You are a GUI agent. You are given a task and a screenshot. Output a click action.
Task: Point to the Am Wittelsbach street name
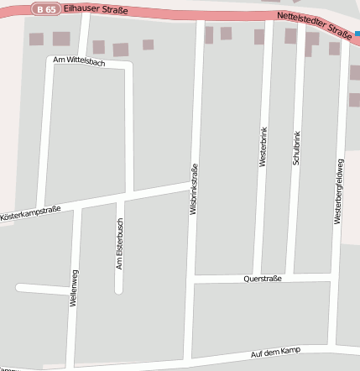(79, 63)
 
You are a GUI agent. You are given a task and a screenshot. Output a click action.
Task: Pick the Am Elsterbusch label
(119, 245)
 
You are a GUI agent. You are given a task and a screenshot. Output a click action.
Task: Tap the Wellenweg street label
(74, 289)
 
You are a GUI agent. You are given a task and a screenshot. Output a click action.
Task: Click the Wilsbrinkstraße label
(194, 191)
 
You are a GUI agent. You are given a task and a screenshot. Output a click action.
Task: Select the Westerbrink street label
(263, 147)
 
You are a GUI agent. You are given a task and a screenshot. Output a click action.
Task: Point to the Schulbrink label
(295, 147)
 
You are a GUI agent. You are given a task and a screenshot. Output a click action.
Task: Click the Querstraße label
(263, 278)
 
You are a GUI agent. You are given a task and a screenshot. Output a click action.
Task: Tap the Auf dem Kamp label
(275, 353)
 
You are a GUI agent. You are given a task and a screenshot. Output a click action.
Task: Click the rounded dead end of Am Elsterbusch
(118, 290)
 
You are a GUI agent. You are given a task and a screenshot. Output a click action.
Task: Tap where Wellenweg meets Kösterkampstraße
(78, 206)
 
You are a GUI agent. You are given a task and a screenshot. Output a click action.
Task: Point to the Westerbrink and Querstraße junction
(257, 278)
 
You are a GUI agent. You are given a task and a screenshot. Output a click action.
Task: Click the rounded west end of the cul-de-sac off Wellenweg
(18, 288)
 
